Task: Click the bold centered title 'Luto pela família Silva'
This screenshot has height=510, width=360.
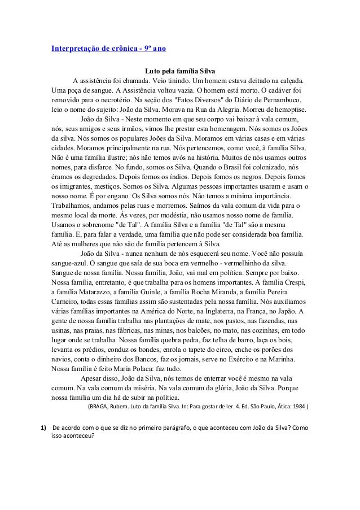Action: click(180, 71)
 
